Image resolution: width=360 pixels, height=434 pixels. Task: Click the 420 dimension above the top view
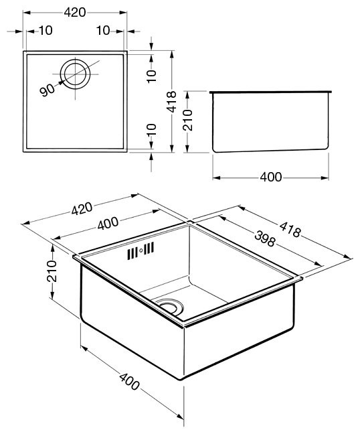[x=75, y=13]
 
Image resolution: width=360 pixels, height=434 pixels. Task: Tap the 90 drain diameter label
[x=47, y=90]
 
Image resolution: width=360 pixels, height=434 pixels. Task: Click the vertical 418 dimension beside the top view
[x=172, y=102]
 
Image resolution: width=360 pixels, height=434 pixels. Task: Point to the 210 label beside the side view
[x=188, y=120]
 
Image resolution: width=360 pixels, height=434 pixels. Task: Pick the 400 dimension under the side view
[x=271, y=177]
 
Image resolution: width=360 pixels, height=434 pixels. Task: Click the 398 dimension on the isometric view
[x=264, y=238]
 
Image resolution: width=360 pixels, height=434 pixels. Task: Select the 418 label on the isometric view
[x=290, y=230]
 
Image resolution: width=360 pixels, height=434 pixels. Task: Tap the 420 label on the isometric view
[x=82, y=208]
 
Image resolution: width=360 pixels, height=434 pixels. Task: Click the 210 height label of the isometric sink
[x=52, y=271]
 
